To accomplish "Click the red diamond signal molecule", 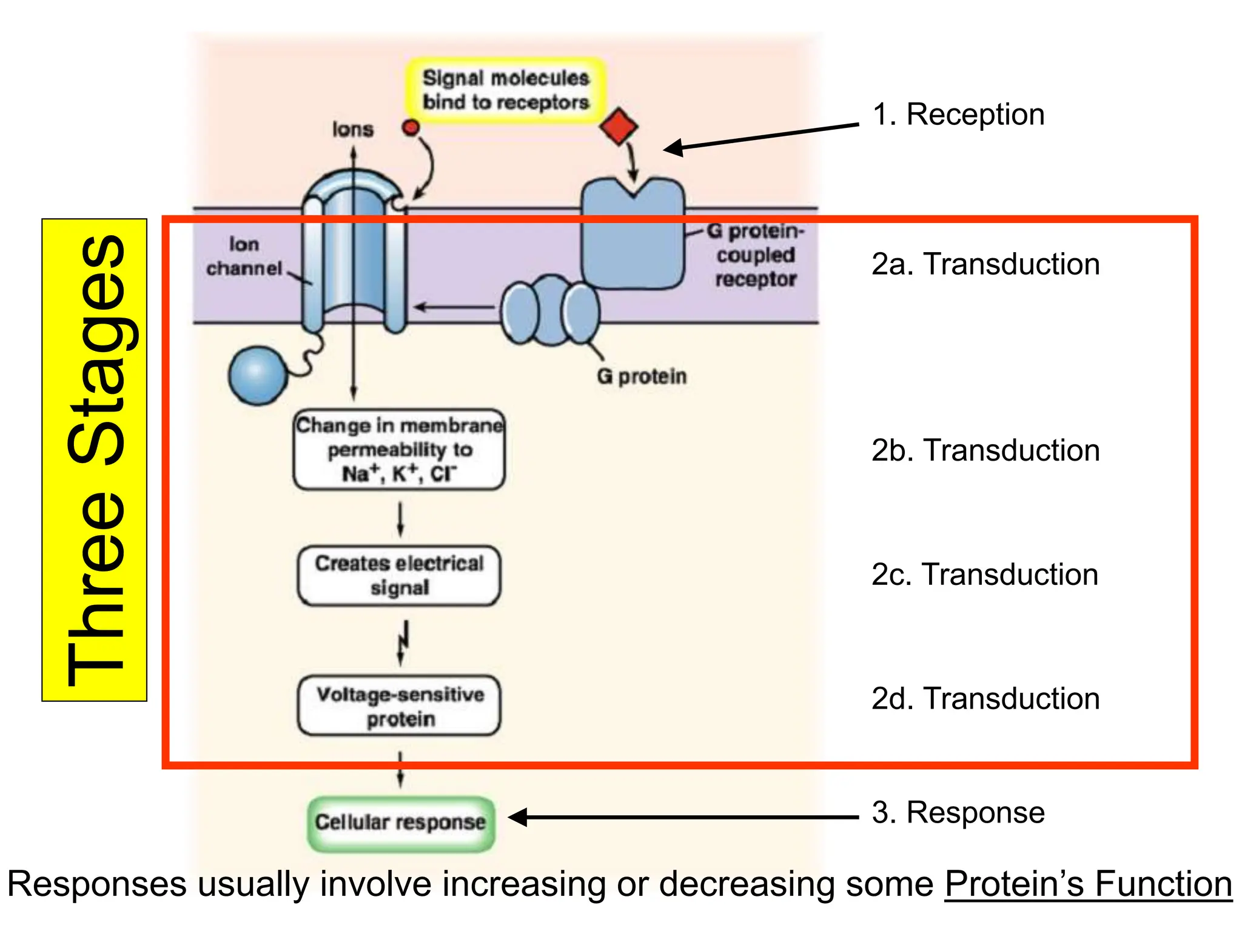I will tap(618, 127).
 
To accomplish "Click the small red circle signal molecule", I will tap(411, 127).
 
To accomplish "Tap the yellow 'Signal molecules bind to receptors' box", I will tap(505, 90).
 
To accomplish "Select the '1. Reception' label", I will tap(958, 115).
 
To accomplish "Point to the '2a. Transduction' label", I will tap(985, 264).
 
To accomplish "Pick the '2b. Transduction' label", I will tap(985, 450).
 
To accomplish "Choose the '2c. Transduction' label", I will tap(985, 575).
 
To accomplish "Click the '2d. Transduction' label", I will tap(985, 699).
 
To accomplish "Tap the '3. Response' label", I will tap(958, 812).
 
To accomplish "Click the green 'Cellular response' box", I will tap(401, 823).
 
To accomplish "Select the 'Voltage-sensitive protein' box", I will tap(400, 706).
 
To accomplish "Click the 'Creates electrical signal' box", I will tap(399, 575).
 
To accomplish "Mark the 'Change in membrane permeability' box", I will tap(399, 450).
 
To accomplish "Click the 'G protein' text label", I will tap(642, 376).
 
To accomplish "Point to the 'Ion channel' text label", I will tap(244, 256).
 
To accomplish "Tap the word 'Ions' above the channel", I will tap(352, 130).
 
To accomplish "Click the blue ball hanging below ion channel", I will tap(258, 375).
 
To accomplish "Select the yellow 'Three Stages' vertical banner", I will tap(95, 460).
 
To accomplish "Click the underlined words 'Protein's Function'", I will tap(1088, 884).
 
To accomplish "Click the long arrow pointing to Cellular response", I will tap(685, 817).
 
